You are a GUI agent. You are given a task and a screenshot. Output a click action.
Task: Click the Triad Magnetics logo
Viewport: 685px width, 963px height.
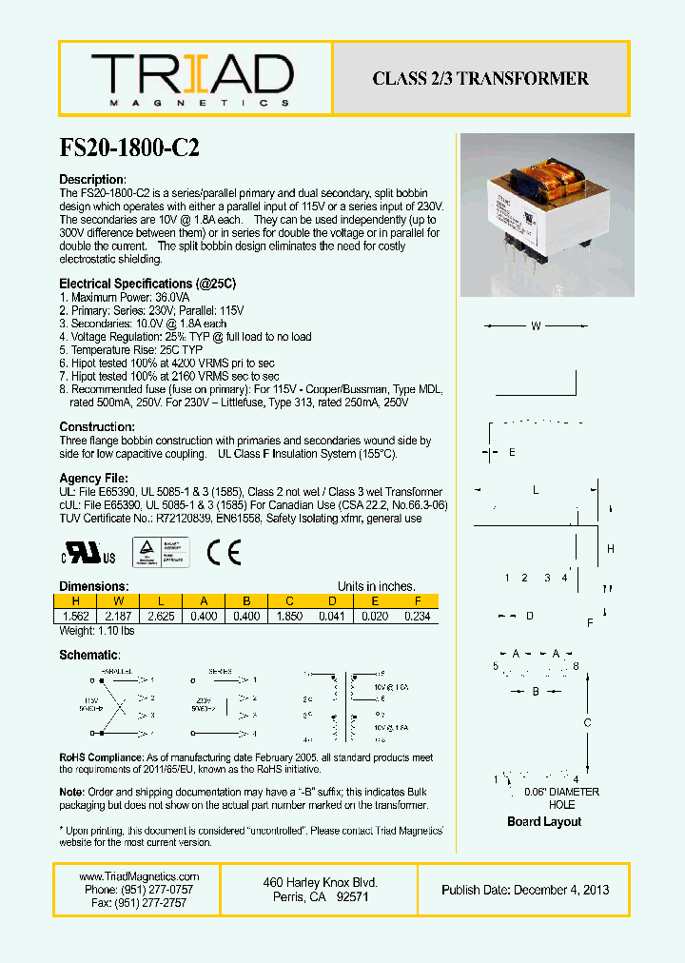[191, 79]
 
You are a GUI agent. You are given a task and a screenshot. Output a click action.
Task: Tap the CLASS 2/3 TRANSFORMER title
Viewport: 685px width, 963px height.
[480, 78]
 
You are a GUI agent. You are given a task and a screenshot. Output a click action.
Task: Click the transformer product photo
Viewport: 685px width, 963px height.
[546, 214]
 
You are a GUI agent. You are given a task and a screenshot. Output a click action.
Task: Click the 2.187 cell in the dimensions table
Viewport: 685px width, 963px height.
[119, 616]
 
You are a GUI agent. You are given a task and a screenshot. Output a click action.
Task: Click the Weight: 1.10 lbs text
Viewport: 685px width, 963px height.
[97, 630]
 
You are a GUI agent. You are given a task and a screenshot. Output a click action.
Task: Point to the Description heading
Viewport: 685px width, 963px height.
[92, 180]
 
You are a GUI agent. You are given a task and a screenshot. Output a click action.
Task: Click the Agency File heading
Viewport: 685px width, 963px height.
[93, 478]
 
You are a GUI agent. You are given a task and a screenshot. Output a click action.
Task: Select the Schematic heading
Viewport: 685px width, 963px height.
[89, 656]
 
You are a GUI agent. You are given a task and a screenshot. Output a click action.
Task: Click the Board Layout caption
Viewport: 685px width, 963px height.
[544, 821]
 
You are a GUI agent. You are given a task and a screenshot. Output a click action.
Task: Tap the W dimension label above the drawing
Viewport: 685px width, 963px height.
[536, 326]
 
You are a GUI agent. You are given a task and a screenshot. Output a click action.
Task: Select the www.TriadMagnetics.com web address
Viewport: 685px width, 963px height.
[139, 876]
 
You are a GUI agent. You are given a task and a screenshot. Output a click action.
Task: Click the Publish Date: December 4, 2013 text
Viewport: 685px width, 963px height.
[525, 890]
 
